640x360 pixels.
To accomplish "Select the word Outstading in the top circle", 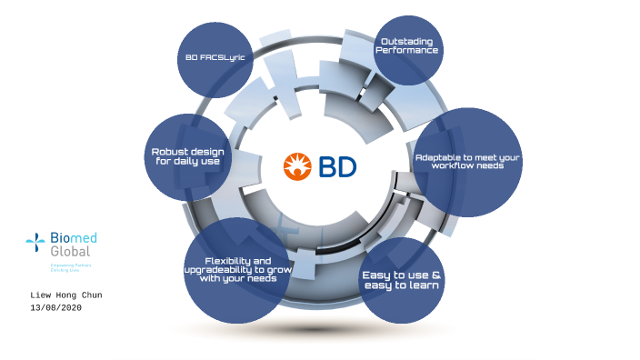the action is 407,42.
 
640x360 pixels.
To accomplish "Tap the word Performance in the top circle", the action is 407,51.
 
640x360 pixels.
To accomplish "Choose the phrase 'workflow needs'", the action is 467,166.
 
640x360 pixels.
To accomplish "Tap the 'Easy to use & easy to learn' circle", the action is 402,280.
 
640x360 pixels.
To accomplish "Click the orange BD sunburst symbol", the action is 297,166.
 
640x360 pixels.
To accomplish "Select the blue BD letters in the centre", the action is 337,166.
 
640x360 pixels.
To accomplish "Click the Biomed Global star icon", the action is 35,242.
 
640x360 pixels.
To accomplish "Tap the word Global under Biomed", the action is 70,250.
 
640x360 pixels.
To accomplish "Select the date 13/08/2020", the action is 56,308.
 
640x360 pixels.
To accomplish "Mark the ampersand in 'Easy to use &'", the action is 436,275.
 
